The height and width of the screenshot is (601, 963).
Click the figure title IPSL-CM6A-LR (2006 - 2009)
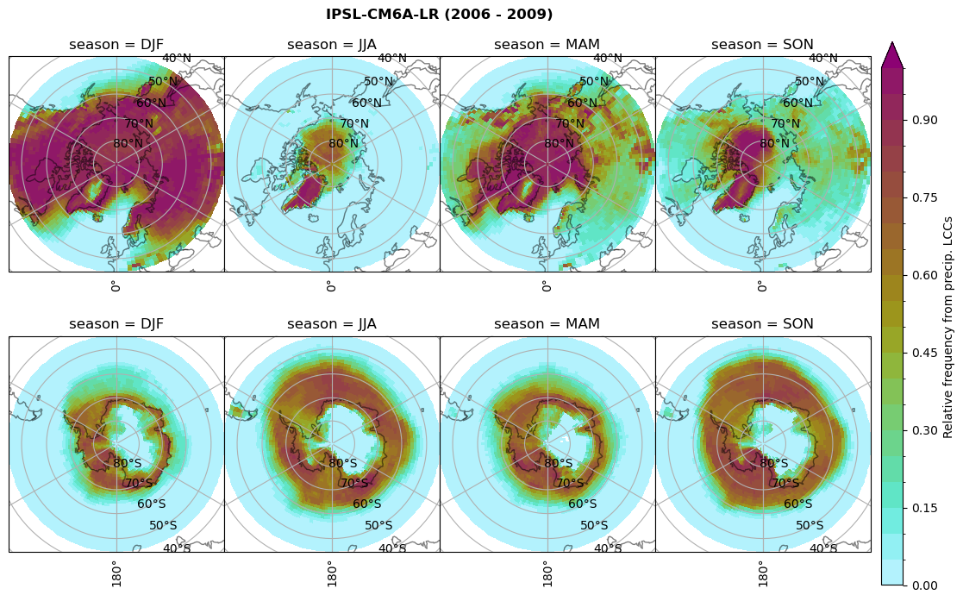(x=439, y=15)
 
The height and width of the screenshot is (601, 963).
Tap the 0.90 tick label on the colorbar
(x=925, y=120)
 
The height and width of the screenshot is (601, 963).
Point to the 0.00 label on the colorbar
(x=925, y=585)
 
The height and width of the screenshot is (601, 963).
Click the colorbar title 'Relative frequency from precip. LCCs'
(x=948, y=327)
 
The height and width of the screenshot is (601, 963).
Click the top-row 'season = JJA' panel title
(x=332, y=45)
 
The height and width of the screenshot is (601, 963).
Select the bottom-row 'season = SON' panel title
(x=762, y=324)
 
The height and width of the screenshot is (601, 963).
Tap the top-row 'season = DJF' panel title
(x=116, y=45)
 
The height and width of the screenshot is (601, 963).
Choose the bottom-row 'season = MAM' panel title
(x=547, y=324)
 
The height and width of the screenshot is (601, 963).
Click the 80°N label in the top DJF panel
(x=128, y=144)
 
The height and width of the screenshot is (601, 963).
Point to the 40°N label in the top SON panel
(x=823, y=59)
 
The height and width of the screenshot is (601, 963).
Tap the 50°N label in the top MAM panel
(x=594, y=82)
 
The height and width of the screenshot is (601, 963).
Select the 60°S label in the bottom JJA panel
(x=367, y=504)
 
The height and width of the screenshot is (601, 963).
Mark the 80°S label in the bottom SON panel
(x=774, y=464)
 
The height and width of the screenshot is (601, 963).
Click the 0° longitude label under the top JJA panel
(x=331, y=286)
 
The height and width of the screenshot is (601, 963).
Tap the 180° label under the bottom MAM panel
(x=547, y=573)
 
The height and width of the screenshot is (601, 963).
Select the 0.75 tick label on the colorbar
(x=925, y=197)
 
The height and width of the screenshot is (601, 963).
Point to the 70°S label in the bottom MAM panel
(x=571, y=484)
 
